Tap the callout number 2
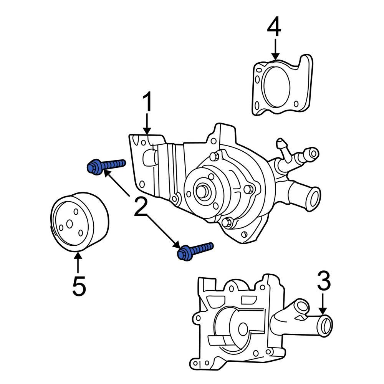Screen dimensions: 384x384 141,207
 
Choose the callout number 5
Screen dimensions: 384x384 79,286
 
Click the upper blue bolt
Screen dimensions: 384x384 106,166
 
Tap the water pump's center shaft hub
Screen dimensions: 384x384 201,190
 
